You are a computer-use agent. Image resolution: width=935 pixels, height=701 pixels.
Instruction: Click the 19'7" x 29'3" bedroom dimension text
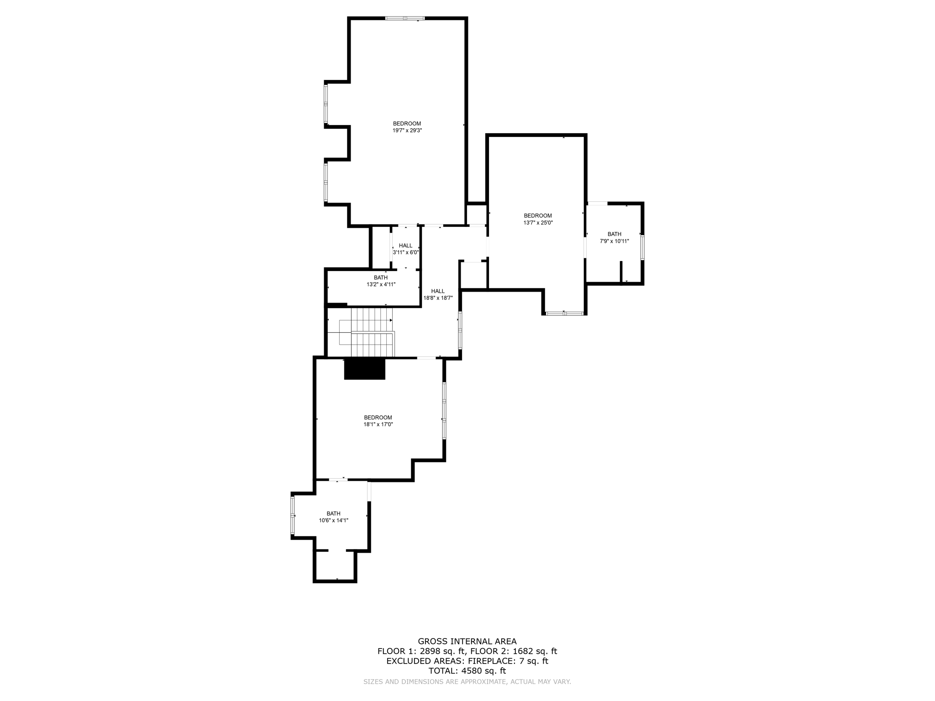coord(407,131)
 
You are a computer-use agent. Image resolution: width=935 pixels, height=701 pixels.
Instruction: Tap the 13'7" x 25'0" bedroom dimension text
coord(537,223)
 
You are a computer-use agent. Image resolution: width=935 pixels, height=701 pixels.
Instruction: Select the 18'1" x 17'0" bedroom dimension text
coord(378,424)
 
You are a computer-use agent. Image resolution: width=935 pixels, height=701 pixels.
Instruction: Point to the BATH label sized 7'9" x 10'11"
coord(614,234)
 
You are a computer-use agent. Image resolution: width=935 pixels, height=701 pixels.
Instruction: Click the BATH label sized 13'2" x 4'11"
coord(381,277)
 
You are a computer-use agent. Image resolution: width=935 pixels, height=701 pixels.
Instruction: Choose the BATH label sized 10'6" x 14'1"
coord(333,513)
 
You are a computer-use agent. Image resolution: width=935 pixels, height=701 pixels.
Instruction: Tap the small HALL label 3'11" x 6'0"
coord(405,246)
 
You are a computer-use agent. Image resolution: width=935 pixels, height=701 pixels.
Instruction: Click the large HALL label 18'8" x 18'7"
coord(437,291)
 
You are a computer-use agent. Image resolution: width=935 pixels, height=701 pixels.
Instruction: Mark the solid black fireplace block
coord(364,369)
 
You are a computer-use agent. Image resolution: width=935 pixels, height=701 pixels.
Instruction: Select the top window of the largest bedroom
coord(404,18)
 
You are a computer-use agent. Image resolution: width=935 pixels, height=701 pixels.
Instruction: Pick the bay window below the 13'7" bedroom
coord(564,314)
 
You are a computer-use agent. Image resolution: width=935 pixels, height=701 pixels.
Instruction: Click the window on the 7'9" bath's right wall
coord(642,247)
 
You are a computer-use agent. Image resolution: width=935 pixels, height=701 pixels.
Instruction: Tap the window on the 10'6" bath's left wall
coord(293,515)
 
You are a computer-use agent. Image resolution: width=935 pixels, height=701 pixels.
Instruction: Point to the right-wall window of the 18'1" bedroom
coord(444,411)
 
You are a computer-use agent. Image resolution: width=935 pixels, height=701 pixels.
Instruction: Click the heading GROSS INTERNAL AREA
coord(467,641)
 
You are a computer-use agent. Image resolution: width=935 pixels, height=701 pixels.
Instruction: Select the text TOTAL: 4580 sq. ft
coord(467,671)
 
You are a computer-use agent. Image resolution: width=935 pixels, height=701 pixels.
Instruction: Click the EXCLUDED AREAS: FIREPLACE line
coord(467,661)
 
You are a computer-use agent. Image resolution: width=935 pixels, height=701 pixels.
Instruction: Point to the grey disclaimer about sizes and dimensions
coord(467,682)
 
